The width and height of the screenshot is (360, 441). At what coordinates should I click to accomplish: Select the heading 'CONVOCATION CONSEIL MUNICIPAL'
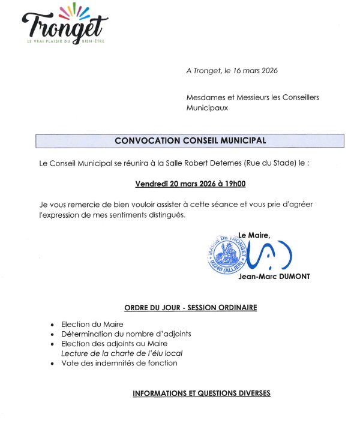(x=190, y=140)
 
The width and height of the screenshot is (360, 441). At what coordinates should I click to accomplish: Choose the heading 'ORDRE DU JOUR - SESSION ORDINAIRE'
(x=190, y=308)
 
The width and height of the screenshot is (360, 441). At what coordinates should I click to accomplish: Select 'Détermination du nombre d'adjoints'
(x=126, y=334)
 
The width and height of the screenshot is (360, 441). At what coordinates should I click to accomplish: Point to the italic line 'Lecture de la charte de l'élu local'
(x=122, y=354)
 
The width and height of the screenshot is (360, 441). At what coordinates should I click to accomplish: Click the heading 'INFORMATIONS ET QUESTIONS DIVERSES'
(x=202, y=394)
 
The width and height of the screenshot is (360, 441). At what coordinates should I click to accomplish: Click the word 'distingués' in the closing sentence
(x=165, y=215)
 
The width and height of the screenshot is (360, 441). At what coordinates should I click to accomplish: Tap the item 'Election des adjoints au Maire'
(x=114, y=344)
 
